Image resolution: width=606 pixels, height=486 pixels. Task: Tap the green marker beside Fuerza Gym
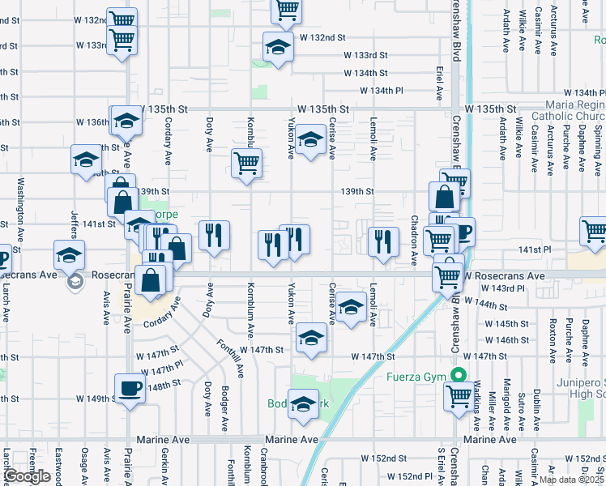(x=459, y=376)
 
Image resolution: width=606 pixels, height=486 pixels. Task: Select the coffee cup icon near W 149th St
(x=130, y=389)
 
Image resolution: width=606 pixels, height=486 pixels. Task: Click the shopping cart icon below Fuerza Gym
(x=459, y=396)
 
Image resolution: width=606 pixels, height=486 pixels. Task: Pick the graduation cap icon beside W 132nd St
(x=277, y=48)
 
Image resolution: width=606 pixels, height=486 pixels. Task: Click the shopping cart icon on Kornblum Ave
(x=246, y=163)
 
